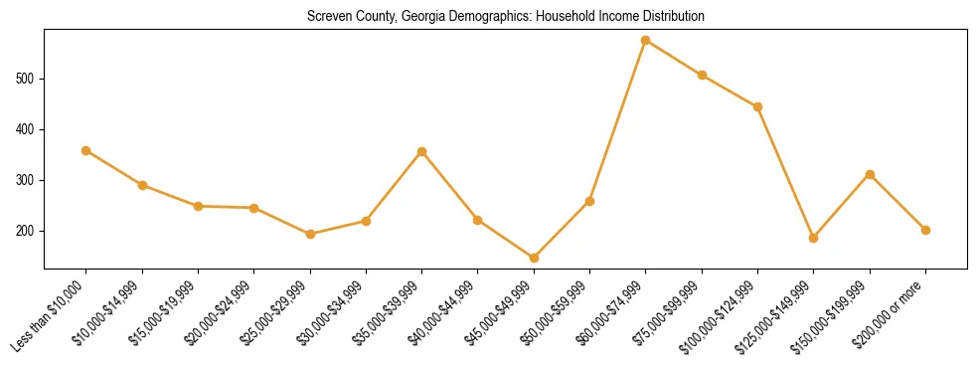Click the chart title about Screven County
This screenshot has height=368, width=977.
pyautogui.click(x=506, y=16)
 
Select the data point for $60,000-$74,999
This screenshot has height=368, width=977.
pyautogui.click(x=646, y=41)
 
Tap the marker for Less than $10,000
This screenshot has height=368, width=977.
pyautogui.click(x=86, y=150)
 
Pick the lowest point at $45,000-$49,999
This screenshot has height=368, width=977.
pyautogui.click(x=534, y=258)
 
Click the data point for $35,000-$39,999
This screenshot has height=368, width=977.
pyautogui.click(x=422, y=151)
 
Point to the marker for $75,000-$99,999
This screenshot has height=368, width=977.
pyautogui.click(x=702, y=75)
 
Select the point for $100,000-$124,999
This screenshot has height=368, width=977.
pyautogui.click(x=757, y=106)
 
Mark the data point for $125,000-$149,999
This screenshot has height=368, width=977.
pyautogui.click(x=814, y=238)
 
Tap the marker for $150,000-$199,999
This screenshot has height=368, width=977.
pyautogui.click(x=870, y=174)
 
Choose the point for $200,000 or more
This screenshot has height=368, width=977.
pyautogui.click(x=925, y=230)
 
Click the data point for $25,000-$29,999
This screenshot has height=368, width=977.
pyautogui.click(x=310, y=234)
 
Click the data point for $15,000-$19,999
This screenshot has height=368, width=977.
pyautogui.click(x=199, y=206)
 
